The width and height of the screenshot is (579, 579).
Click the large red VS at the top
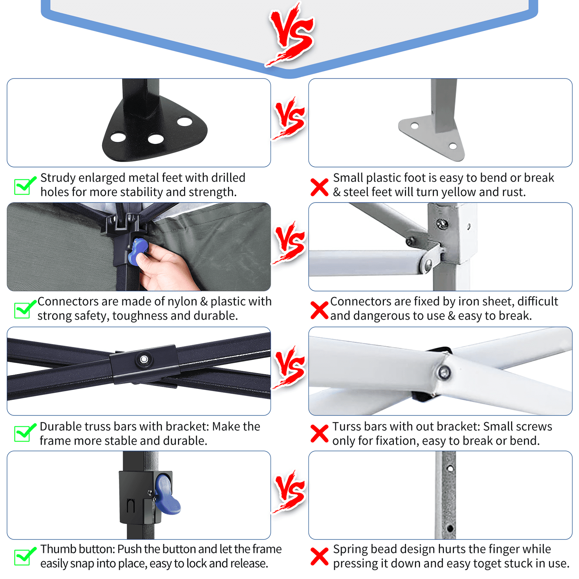coord(291,35)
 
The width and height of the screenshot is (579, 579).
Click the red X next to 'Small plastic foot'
coord(319,187)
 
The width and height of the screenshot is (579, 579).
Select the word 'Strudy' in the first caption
coord(58,178)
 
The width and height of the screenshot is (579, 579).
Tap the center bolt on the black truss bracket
coord(144,359)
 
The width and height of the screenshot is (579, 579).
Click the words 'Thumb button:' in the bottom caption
coord(78,549)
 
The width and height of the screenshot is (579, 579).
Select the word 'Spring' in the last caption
coord(350,550)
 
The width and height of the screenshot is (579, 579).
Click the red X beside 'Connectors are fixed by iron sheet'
coord(319,311)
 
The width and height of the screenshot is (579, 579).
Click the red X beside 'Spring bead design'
coord(319,557)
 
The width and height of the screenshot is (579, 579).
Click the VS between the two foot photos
coord(289,119)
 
